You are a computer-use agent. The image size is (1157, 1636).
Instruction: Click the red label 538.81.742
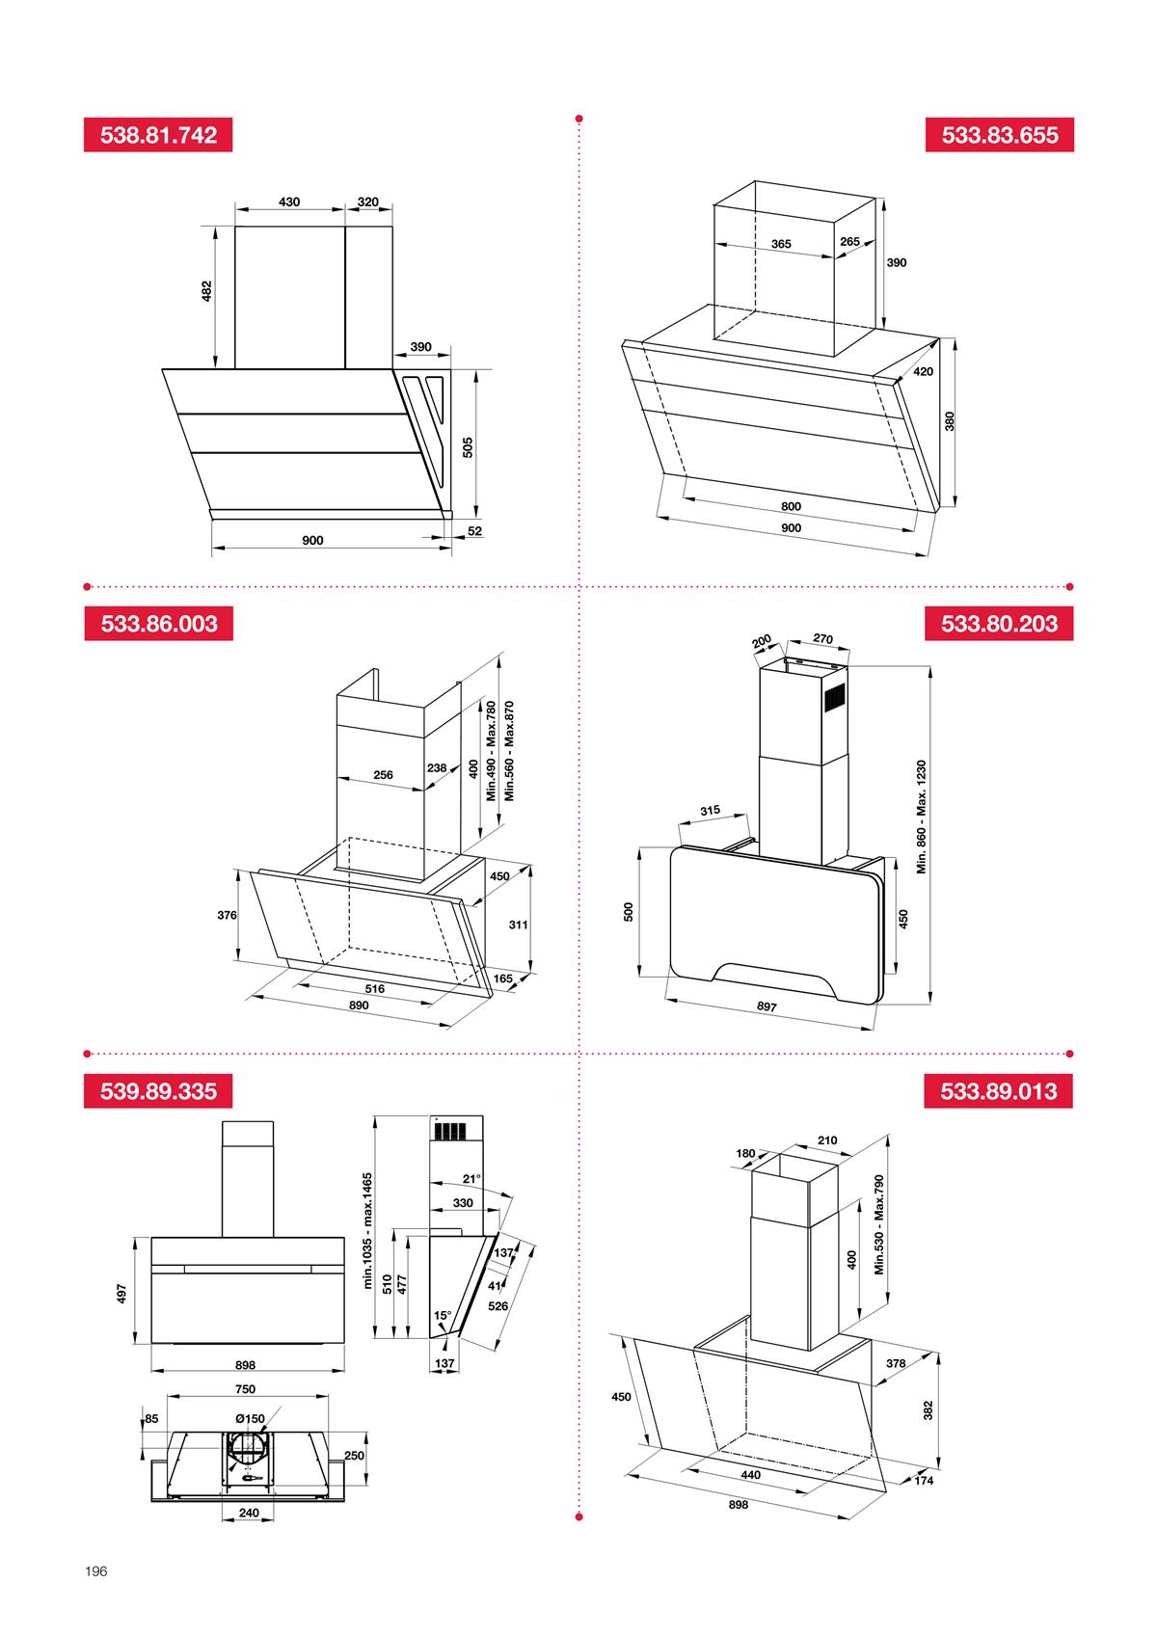click(x=158, y=135)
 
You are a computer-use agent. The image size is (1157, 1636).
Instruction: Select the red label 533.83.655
click(x=999, y=135)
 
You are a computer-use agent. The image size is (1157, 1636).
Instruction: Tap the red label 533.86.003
click(x=158, y=623)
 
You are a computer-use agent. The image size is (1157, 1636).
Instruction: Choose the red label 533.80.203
click(x=999, y=623)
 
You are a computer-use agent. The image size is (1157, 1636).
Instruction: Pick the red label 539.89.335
click(x=158, y=1091)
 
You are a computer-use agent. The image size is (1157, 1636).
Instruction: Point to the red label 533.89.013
click(x=999, y=1091)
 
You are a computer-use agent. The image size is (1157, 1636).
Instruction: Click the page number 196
click(x=95, y=1571)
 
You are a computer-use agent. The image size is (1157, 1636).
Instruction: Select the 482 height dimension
click(x=205, y=291)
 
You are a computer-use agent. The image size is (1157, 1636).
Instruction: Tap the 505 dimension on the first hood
click(x=468, y=447)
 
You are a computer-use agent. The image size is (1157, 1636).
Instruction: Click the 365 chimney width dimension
click(x=781, y=244)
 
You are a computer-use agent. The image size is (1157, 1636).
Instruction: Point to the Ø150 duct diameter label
click(x=249, y=1418)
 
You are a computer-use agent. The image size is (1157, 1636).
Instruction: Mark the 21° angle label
click(x=471, y=1179)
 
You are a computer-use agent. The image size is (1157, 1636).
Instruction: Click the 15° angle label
click(x=442, y=1315)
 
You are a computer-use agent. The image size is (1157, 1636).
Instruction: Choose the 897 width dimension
click(x=767, y=1006)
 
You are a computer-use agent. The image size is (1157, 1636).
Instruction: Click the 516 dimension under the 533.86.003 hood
click(x=374, y=988)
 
